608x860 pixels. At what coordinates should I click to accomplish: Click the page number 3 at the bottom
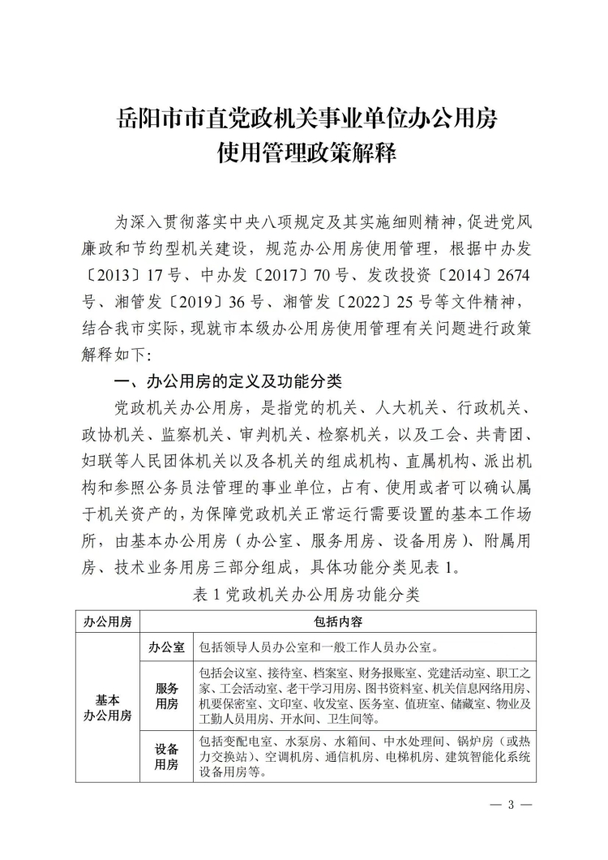(511, 806)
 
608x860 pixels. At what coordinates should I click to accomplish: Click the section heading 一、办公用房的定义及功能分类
(230, 381)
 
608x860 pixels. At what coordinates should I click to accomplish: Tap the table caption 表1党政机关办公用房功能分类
(304, 595)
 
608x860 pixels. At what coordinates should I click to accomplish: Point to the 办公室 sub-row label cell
(166, 648)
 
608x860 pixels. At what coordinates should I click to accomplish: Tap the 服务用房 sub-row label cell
(166, 696)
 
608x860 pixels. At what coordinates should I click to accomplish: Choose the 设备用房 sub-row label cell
(166, 758)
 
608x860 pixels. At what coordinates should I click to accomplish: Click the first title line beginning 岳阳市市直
(304, 119)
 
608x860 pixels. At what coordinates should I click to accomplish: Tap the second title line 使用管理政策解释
(304, 152)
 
